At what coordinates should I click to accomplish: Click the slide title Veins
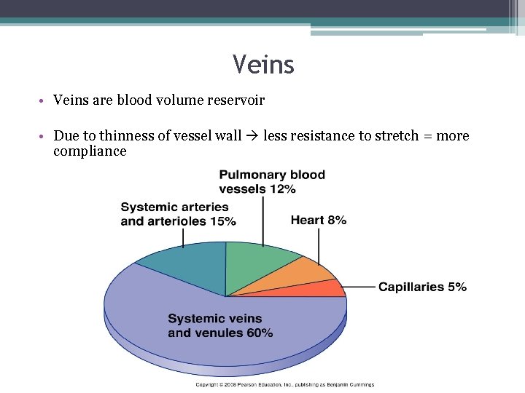(263, 65)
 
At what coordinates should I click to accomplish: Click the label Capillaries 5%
(422, 287)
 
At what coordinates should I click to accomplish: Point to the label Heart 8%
(318, 220)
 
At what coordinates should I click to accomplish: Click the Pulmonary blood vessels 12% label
(272, 182)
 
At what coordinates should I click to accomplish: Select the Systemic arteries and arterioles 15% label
(178, 214)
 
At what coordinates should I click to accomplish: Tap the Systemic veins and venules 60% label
(220, 325)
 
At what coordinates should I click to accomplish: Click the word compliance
(90, 151)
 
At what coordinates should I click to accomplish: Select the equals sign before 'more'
(427, 136)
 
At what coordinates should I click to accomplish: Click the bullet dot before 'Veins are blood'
(44, 100)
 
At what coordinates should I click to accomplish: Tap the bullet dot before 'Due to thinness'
(44, 137)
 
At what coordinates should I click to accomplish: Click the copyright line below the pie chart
(284, 384)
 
